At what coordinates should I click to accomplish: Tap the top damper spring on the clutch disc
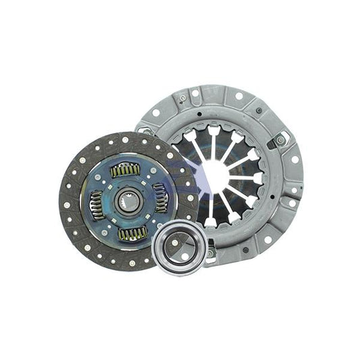(x=126, y=170)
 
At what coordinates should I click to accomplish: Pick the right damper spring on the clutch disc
(x=160, y=199)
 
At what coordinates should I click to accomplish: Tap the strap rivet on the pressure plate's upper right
(x=280, y=140)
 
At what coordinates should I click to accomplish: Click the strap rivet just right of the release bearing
(x=211, y=253)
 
